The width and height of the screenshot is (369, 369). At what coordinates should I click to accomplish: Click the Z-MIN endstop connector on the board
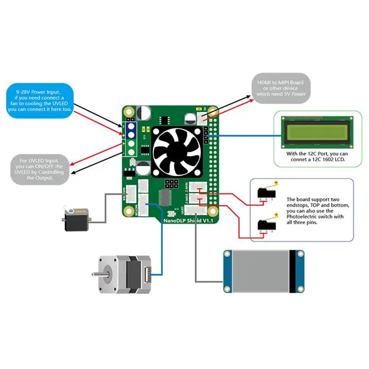click(x=200, y=187)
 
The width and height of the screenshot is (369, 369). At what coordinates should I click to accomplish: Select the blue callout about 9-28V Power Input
click(x=40, y=100)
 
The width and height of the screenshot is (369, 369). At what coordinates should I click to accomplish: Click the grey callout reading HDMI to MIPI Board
click(x=280, y=88)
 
